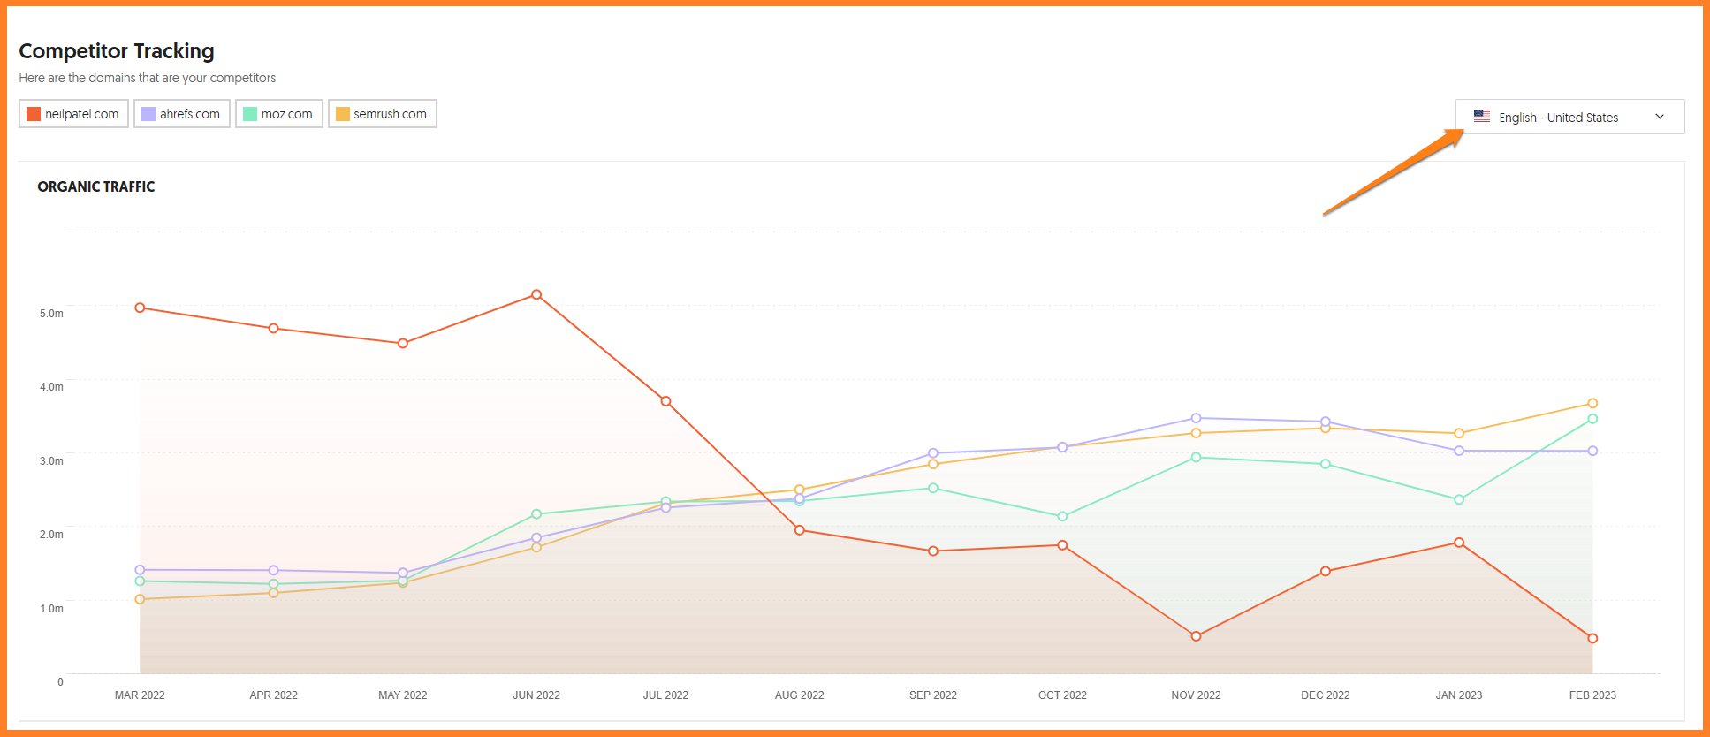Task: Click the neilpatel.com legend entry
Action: pos(74,114)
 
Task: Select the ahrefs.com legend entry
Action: pos(182,114)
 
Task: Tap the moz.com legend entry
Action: pos(279,114)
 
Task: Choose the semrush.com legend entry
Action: pos(383,114)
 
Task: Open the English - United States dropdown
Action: pos(1569,117)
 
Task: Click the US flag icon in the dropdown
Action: pos(1482,116)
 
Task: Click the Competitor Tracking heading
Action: pos(117,51)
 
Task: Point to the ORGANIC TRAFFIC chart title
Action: pos(96,186)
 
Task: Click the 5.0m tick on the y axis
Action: pos(51,314)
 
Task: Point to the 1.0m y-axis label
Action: pos(51,609)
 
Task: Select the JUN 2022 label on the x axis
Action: pos(536,695)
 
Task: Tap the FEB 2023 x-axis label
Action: pos(1592,695)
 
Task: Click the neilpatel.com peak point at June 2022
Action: pos(536,295)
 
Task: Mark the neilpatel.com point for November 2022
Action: pos(1196,636)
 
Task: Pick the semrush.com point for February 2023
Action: pos(1592,404)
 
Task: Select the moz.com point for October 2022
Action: pos(1062,516)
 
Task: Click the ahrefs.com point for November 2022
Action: pos(1196,418)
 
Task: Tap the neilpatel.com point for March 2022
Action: pos(140,308)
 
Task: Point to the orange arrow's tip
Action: pos(1463,132)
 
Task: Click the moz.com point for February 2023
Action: pos(1592,419)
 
